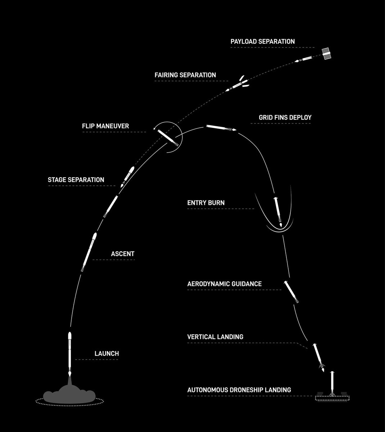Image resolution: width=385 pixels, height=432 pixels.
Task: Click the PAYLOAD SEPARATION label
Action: click(263, 41)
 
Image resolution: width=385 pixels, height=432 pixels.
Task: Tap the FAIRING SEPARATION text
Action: click(185, 75)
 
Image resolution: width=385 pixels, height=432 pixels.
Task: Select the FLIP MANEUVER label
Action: click(105, 126)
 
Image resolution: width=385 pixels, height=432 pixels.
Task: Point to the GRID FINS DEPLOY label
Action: click(285, 117)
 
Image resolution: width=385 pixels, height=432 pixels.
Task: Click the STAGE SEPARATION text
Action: click(76, 180)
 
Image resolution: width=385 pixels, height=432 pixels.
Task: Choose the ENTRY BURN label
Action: click(206, 203)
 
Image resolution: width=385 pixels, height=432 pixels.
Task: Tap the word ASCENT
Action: click(123, 254)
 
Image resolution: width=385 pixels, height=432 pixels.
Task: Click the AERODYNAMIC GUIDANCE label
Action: click(225, 284)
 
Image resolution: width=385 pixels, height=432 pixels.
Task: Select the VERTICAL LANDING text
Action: click(215, 337)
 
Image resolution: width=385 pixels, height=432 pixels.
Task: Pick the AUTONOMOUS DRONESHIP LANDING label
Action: click(239, 390)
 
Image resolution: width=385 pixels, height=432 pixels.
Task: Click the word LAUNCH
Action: click(107, 354)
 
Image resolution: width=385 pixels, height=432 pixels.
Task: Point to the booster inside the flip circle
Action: click(168, 138)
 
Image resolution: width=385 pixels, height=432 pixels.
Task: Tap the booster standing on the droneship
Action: click(332, 384)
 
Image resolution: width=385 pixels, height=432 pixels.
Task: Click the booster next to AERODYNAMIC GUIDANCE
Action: click(291, 292)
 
